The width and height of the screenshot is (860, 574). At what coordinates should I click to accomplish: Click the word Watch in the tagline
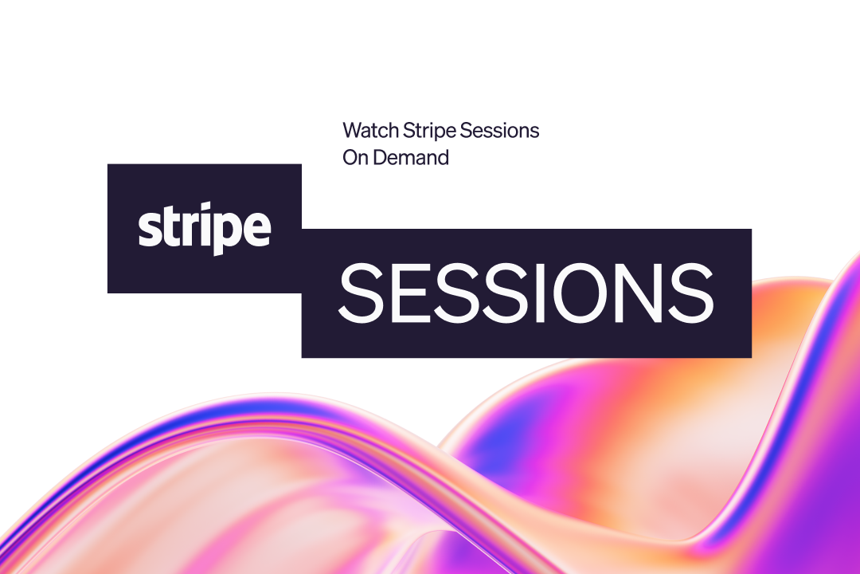click(x=371, y=130)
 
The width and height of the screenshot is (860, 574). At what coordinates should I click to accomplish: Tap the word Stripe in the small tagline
click(x=429, y=132)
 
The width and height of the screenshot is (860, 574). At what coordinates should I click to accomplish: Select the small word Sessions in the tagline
click(x=499, y=130)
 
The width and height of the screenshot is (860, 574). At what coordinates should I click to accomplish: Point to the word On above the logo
click(x=355, y=158)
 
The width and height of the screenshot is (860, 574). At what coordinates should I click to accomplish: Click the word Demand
click(x=412, y=158)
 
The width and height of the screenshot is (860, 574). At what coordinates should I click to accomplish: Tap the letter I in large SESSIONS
click(x=540, y=293)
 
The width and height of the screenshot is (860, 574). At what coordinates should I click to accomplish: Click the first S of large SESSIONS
click(x=361, y=293)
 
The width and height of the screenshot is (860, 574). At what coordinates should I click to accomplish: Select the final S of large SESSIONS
click(x=691, y=293)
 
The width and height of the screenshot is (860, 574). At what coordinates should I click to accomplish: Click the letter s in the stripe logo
click(x=150, y=229)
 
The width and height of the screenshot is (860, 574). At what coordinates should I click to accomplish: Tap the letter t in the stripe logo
click(x=173, y=225)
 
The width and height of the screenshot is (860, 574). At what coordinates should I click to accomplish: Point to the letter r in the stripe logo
click(x=192, y=229)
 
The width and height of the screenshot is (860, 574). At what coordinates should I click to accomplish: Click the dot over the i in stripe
click(x=207, y=205)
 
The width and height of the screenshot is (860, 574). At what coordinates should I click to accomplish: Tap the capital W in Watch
click(x=354, y=131)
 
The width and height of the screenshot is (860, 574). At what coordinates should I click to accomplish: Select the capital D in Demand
click(x=381, y=158)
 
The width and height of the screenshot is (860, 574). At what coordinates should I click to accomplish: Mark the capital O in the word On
click(x=350, y=158)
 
